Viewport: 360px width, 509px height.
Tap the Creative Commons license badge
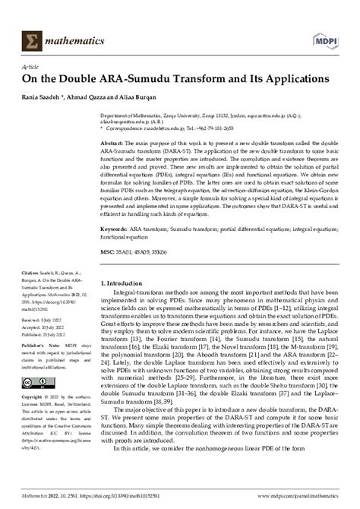37,380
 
